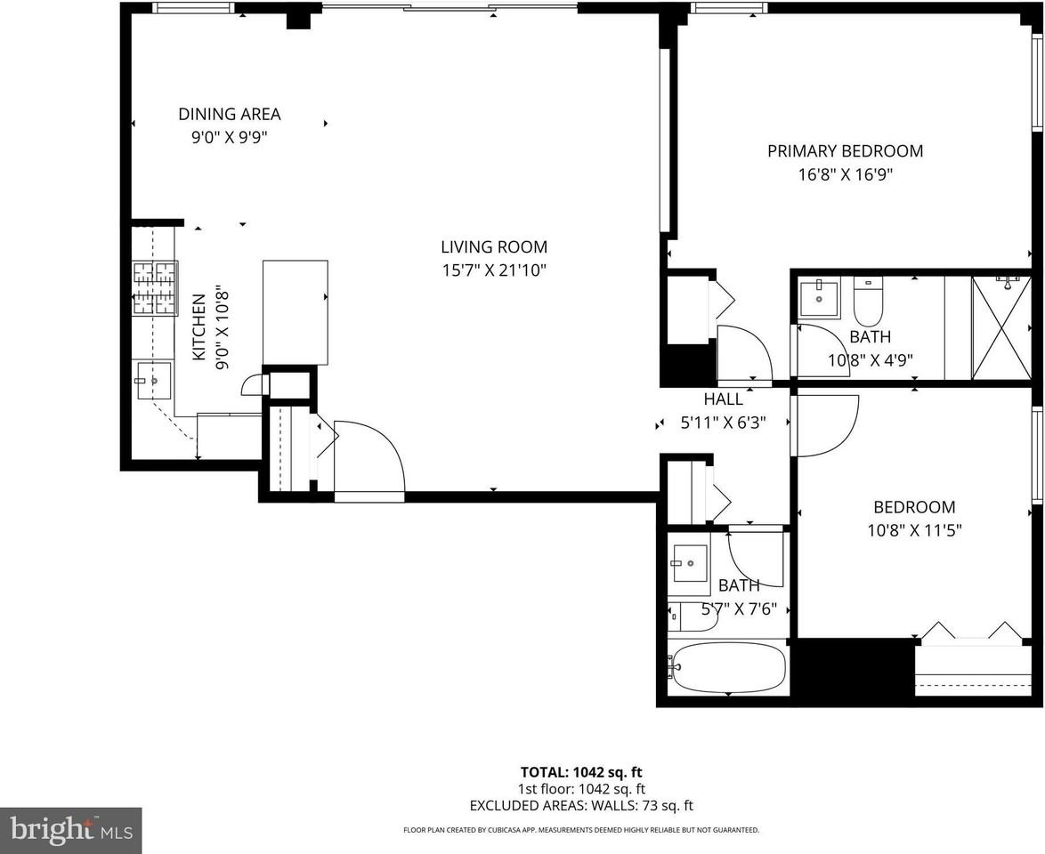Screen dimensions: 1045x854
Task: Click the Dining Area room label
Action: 230,114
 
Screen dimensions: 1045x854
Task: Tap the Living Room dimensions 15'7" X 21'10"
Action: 494,270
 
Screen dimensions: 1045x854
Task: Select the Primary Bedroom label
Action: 845,150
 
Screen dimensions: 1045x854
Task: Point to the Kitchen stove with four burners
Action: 156,288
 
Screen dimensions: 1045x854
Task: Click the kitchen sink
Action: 154,381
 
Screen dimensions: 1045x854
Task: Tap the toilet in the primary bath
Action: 869,302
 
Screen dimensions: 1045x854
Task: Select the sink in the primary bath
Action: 818,298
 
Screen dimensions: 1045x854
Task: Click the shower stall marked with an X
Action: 1001,327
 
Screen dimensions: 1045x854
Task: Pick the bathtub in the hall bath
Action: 728,667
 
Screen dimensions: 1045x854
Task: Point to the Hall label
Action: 723,399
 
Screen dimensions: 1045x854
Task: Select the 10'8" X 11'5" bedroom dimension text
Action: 914,530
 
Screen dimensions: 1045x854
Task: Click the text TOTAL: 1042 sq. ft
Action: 581,772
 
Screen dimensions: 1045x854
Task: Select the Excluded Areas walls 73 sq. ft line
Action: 581,805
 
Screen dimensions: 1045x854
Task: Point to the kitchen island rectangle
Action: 296,311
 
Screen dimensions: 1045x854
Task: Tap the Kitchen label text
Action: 198,327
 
